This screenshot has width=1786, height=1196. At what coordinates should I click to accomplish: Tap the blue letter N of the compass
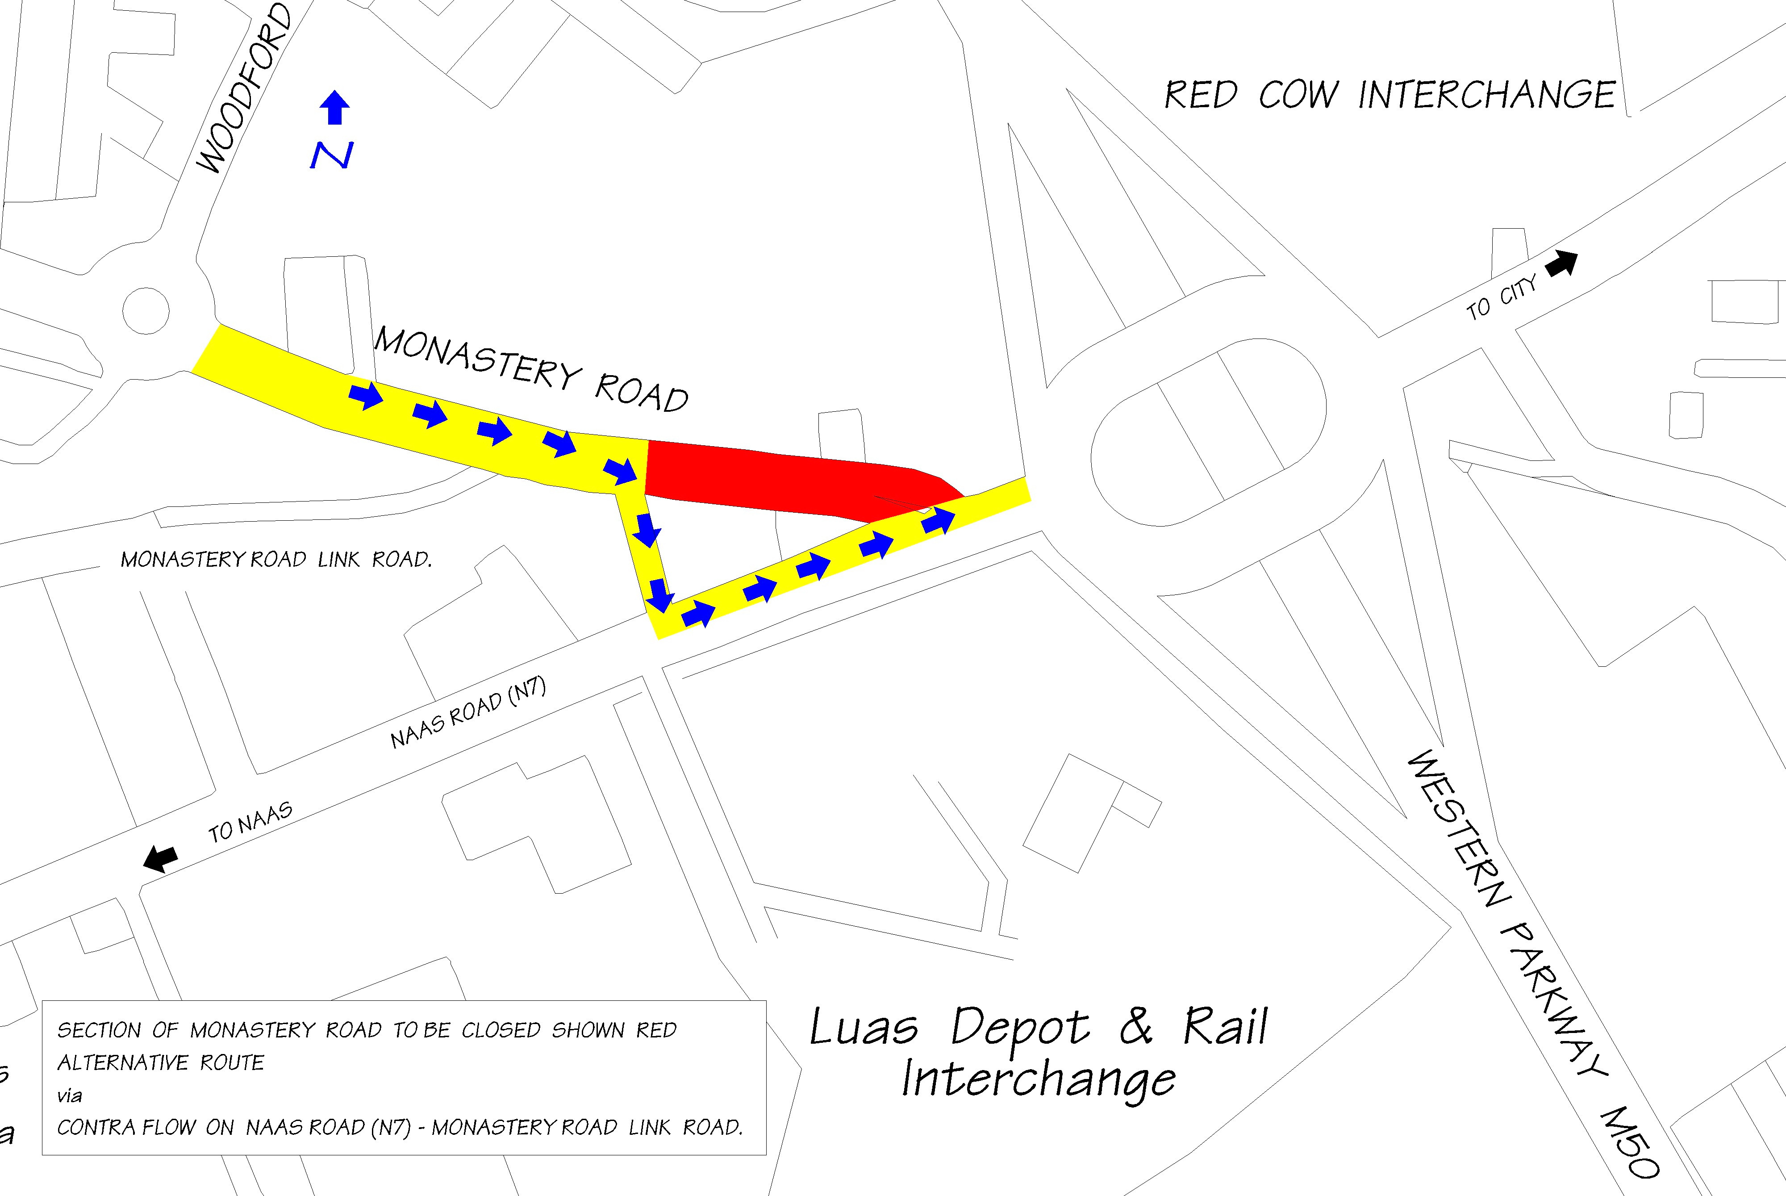click(x=332, y=155)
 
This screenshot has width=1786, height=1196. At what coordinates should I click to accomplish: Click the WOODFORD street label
click(x=244, y=88)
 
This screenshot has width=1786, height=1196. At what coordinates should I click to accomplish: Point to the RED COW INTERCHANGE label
click(x=1390, y=95)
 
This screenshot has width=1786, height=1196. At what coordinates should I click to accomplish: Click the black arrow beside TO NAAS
click(x=161, y=858)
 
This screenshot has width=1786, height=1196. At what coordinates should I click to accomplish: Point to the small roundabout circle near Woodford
click(x=146, y=310)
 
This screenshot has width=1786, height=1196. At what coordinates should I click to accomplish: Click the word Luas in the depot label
click(x=864, y=1028)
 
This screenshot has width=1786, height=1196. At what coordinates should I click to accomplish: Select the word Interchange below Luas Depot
click(x=1039, y=1080)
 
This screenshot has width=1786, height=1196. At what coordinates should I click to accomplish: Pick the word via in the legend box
click(x=69, y=1096)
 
